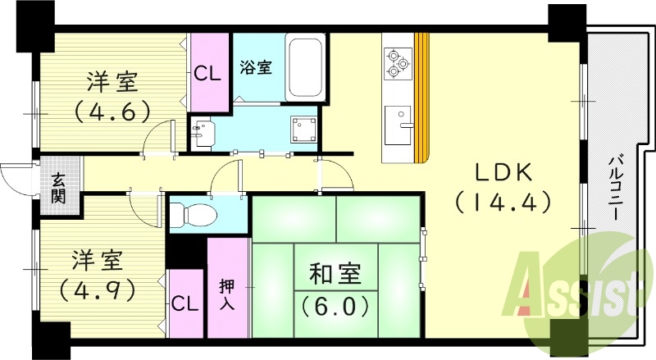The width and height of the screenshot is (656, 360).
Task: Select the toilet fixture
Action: pos(197,216)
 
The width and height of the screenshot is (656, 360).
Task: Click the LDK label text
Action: pos(503,173)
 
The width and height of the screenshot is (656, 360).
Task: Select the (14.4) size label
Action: pos(502,202)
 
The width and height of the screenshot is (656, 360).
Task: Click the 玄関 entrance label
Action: pos(59,189)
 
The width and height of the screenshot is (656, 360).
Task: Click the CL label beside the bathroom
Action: pos(208,73)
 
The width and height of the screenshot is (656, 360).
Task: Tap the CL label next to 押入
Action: pos(185,303)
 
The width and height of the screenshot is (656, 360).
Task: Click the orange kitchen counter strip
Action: pos(421,97)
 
